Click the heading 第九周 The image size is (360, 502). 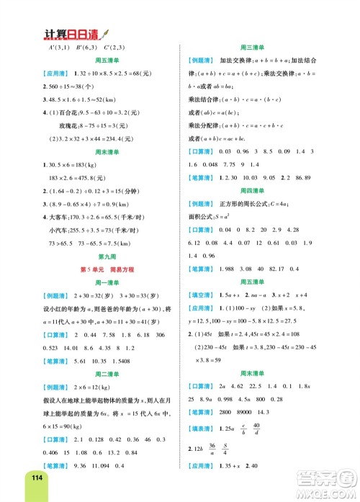(99, 256)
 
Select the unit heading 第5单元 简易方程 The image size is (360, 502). (99, 268)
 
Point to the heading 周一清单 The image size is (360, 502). (99, 280)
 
